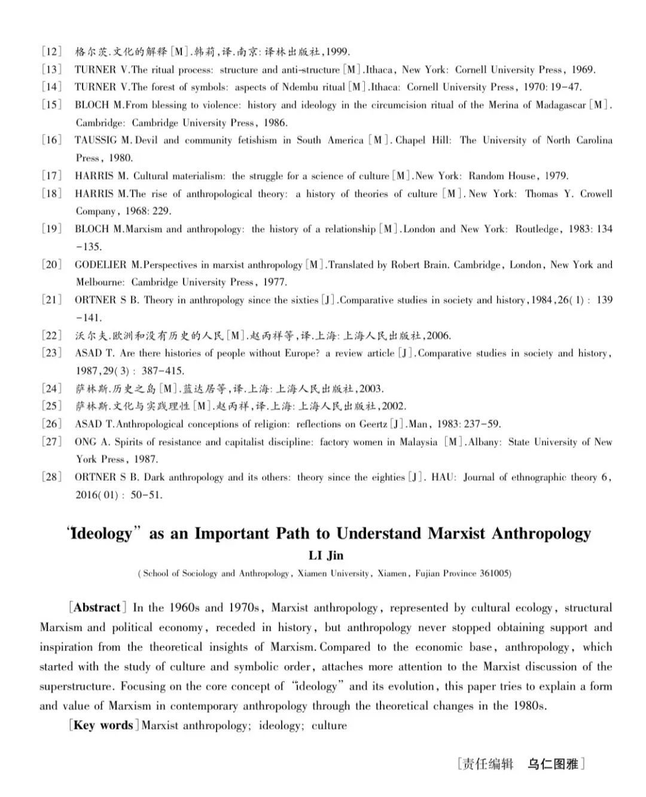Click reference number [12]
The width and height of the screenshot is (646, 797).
51,51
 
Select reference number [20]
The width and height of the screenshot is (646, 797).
51,264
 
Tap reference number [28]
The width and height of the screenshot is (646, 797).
51,477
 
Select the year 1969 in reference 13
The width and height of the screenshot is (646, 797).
583,69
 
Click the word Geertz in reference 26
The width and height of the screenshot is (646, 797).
371,424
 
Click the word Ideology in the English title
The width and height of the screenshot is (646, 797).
100,533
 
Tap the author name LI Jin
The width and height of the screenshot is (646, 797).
326,556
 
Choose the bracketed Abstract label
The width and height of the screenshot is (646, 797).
97,608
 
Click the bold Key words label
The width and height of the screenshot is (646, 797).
103,725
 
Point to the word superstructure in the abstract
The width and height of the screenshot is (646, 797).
76,686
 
